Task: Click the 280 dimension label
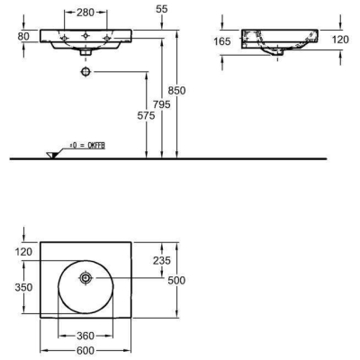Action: (85, 13)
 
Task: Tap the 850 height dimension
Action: (176, 90)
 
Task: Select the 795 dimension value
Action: (161, 104)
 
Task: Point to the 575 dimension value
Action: (146, 116)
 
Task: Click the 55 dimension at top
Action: (162, 9)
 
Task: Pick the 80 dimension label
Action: (23, 36)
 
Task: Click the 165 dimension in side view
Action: (222, 41)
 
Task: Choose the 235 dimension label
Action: (162, 260)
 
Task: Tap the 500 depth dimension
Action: (176, 281)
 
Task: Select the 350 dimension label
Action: (23, 287)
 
